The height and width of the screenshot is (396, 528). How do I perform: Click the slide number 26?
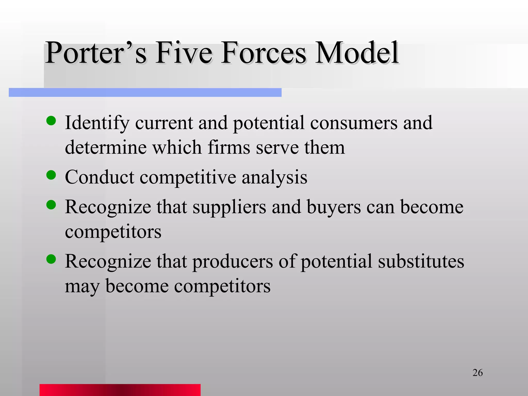(x=477, y=373)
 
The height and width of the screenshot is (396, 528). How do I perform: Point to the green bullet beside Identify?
(x=51, y=121)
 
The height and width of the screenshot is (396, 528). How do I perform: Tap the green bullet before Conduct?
(x=51, y=175)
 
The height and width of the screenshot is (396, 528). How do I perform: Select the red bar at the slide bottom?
(x=120, y=390)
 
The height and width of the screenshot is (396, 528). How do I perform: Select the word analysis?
(x=274, y=178)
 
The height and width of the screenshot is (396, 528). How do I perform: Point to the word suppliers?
(x=229, y=208)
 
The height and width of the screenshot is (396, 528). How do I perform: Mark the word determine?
(x=106, y=147)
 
